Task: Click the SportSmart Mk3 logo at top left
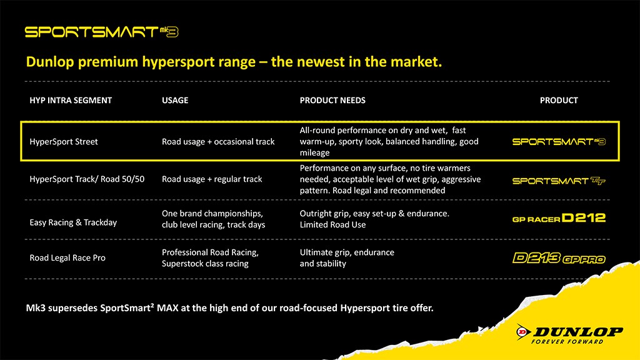pyautogui.click(x=102, y=32)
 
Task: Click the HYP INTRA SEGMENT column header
pyautogui.click(x=71, y=101)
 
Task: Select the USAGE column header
pyautogui.click(x=175, y=101)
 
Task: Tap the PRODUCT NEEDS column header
pyautogui.click(x=332, y=101)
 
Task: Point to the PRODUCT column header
pyautogui.click(x=559, y=101)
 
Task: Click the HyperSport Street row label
pyautogui.click(x=64, y=142)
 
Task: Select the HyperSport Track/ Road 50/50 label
pyautogui.click(x=87, y=179)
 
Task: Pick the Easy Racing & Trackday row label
pyautogui.click(x=73, y=222)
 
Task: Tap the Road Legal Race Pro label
pyautogui.click(x=67, y=258)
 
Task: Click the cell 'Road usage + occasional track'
pyautogui.click(x=218, y=142)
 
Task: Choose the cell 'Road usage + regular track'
pyautogui.click(x=212, y=179)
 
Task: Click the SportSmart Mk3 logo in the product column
pyautogui.click(x=559, y=142)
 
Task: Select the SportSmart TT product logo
pyautogui.click(x=559, y=181)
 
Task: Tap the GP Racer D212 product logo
pyautogui.click(x=559, y=218)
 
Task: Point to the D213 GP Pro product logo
pyautogui.click(x=559, y=258)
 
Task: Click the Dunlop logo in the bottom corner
pyautogui.click(x=569, y=334)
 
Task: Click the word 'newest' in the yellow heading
pyautogui.click(x=327, y=62)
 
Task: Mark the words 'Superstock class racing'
pyautogui.click(x=205, y=264)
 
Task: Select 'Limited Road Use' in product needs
pyautogui.click(x=332, y=225)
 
